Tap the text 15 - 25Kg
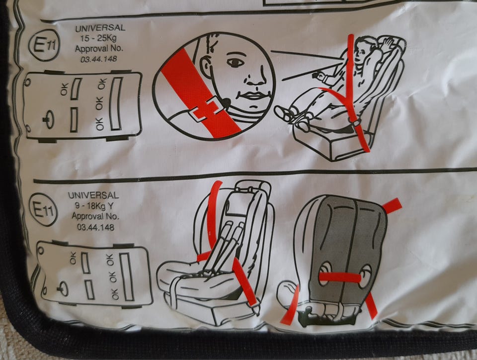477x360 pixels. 98,38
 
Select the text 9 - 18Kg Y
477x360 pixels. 94,206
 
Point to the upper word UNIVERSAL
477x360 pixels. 100,28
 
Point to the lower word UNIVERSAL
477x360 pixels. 93,195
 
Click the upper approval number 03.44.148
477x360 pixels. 98,59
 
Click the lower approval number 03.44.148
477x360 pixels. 95,227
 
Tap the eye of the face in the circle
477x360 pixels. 235,62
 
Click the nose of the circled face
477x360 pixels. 255,80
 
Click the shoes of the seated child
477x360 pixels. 291,117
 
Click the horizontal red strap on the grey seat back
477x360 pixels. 340,277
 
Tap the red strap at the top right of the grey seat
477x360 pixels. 392,205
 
